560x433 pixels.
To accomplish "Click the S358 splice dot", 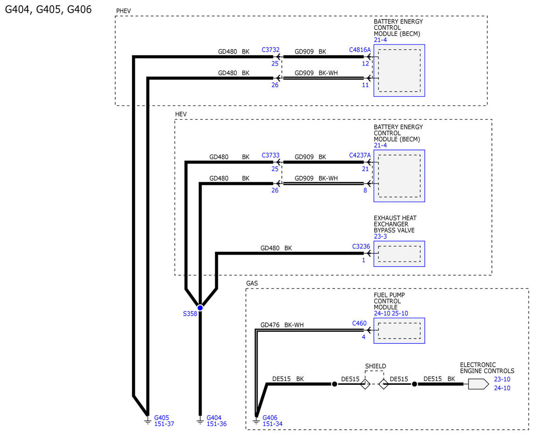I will (200, 307).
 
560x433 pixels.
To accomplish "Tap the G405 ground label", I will (161, 417).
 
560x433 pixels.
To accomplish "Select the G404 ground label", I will (214, 417).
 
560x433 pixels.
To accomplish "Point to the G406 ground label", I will (270, 417).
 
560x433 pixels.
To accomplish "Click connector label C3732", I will (271, 50).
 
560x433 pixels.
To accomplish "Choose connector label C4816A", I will (359, 50).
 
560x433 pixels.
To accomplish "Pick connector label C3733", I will (271, 155).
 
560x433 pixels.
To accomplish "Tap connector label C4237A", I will (359, 155).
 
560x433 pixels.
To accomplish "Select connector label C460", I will (359, 323).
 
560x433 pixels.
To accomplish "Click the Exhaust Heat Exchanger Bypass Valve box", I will (399, 254).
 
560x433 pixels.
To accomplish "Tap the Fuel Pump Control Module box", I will (399, 331).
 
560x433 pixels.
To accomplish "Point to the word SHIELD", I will (375, 366).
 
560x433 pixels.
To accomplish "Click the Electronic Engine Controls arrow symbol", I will (478, 384).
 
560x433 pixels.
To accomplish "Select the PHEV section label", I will (124, 10).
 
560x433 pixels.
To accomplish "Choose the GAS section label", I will (252, 283).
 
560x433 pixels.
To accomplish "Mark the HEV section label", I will (181, 114).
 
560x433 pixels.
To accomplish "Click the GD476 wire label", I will (270, 325).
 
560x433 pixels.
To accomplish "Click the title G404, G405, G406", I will (48, 9).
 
